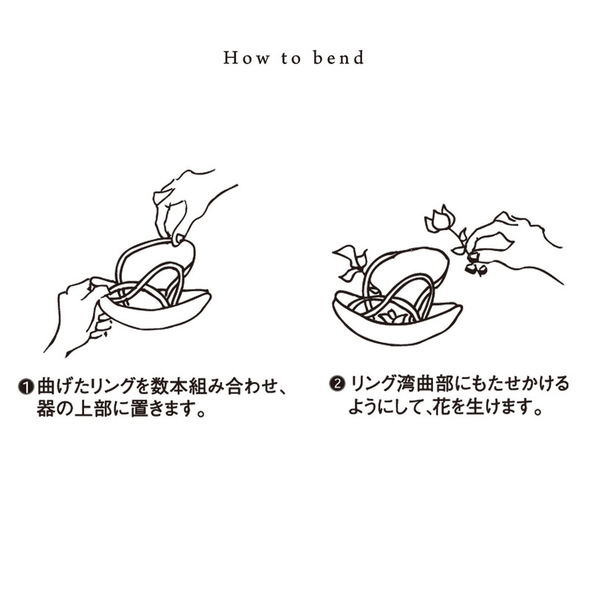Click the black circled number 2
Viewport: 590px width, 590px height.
(337, 384)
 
